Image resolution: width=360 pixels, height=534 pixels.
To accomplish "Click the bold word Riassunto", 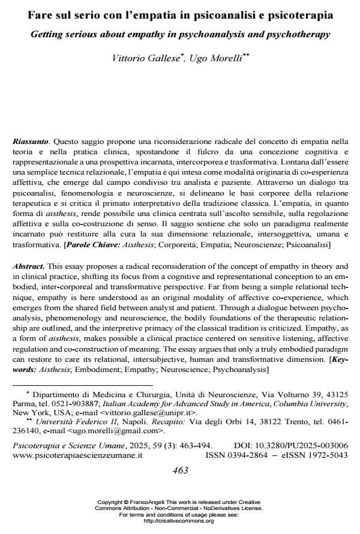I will [31, 142].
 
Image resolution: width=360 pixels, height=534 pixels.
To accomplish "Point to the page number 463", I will [180, 470].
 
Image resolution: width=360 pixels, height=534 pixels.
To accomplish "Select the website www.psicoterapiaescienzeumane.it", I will [77, 455].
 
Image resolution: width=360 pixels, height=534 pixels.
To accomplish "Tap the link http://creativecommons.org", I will [180, 521].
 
